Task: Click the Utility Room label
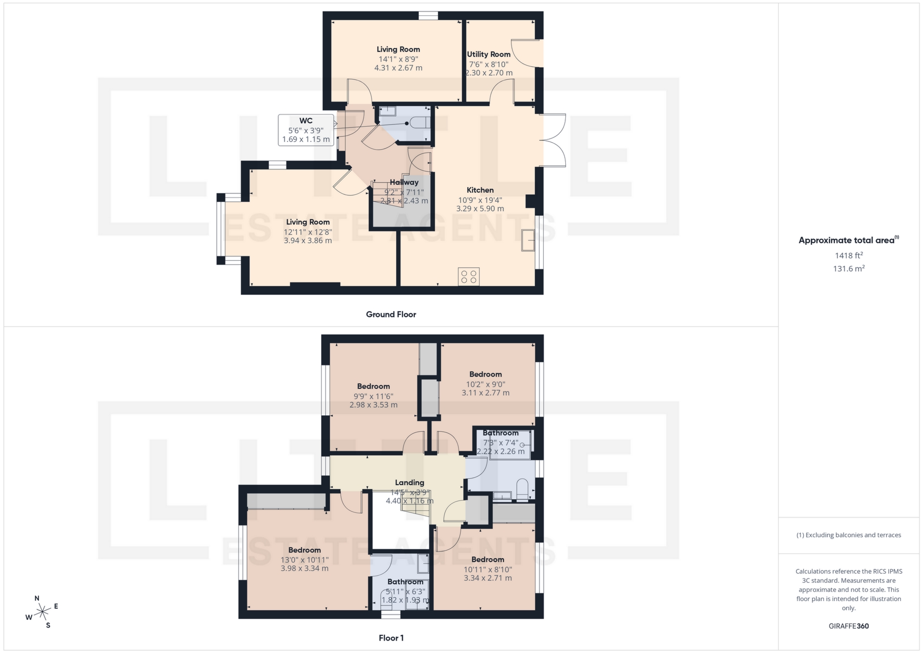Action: [x=488, y=54]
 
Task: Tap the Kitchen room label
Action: [x=480, y=190]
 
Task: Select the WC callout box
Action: [x=306, y=130]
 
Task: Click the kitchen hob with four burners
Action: [x=469, y=276]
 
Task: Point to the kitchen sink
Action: [x=528, y=240]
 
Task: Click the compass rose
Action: [x=43, y=612]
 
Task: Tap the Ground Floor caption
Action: [x=391, y=314]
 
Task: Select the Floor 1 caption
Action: [x=391, y=638]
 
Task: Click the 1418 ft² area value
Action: [x=848, y=255]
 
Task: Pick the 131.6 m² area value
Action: [x=848, y=269]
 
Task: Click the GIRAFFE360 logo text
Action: [x=848, y=626]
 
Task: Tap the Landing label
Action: [x=410, y=483]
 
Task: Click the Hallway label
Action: [x=404, y=182]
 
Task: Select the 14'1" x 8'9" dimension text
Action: [x=398, y=59]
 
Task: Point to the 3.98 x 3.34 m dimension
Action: [x=305, y=568]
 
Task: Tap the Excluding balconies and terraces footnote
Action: [x=848, y=535]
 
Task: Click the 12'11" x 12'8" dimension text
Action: [x=308, y=232]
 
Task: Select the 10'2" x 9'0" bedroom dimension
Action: [x=486, y=384]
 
